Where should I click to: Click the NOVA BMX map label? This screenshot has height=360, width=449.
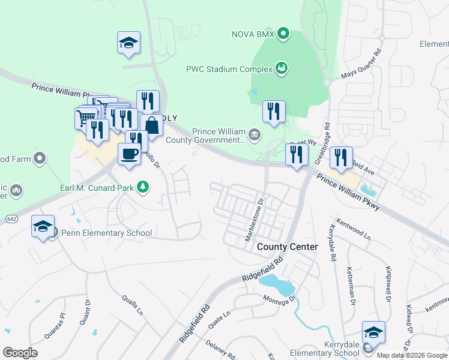click(x=253, y=34)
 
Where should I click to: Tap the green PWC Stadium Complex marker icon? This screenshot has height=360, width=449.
click(x=280, y=68)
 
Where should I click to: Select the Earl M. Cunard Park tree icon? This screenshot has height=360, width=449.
click(x=143, y=187)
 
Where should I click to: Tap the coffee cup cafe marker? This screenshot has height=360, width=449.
click(x=130, y=154)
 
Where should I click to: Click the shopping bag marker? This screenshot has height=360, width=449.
click(x=152, y=125)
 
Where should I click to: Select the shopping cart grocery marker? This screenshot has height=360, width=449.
click(x=86, y=117)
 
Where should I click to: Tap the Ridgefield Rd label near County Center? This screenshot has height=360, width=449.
click(x=262, y=271)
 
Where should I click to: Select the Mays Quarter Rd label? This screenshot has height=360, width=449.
click(x=361, y=65)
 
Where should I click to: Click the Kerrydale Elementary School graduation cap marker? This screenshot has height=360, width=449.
click(x=373, y=332)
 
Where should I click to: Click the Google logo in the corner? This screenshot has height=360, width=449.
click(x=20, y=353)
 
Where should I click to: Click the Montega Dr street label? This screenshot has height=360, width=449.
click(x=279, y=298)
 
